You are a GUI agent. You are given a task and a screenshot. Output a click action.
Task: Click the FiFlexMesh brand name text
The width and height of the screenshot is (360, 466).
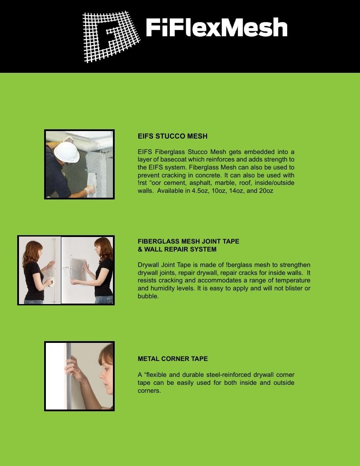[x=217, y=27]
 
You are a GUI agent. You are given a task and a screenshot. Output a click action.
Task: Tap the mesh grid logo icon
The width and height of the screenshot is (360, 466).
[x=111, y=37]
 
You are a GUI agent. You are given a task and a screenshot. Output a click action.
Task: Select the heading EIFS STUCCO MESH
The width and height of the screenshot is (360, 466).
[x=172, y=136]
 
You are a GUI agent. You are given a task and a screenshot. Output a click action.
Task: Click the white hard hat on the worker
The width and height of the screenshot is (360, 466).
[x=67, y=152]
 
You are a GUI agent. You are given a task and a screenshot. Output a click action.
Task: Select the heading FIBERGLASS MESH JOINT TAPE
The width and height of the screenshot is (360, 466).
[x=188, y=241]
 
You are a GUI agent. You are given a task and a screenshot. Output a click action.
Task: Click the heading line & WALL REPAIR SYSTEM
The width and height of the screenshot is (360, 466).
[x=177, y=249]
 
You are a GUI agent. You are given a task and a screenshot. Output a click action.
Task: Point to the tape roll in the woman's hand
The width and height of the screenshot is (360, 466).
[x=51, y=282]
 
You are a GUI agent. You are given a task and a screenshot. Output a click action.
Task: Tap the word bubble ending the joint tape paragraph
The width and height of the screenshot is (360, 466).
[x=148, y=296]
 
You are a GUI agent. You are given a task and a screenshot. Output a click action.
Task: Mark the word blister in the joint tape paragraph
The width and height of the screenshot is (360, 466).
[x=294, y=288]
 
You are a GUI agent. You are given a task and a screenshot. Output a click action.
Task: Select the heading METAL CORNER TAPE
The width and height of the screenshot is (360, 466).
[x=172, y=359]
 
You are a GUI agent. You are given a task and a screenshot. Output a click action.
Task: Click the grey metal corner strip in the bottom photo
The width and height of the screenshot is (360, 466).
[x=69, y=376]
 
